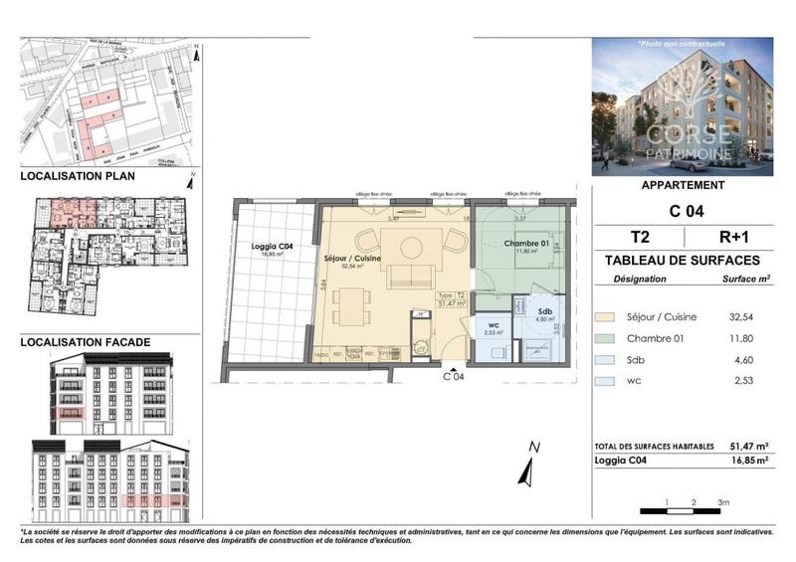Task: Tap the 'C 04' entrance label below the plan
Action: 453,376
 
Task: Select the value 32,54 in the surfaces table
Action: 745,317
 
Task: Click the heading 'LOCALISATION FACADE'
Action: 87,342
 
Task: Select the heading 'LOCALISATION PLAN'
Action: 79,176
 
